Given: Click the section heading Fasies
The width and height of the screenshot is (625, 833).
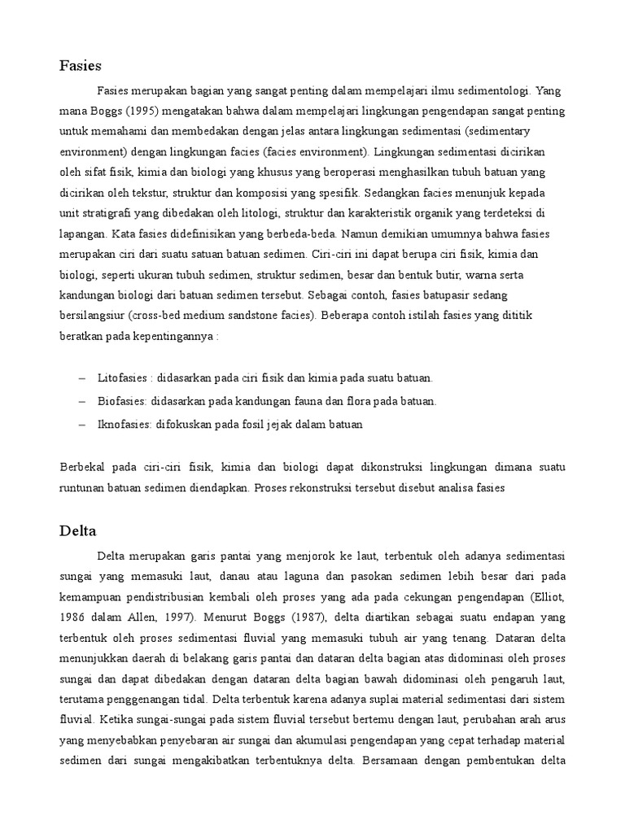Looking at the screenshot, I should [80, 65].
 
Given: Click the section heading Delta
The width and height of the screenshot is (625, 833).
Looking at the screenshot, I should [78, 531].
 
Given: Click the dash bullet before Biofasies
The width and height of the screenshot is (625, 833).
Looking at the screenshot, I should [81, 402].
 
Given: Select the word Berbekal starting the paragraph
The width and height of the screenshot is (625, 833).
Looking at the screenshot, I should [83, 468].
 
